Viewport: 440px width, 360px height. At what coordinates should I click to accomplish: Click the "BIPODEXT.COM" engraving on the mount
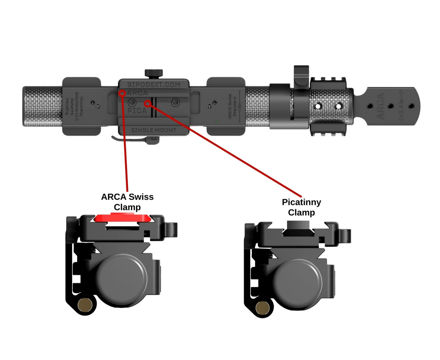154,85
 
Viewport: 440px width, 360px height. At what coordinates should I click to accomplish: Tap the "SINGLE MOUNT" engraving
154,130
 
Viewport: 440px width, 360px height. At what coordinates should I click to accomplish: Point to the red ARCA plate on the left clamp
123,218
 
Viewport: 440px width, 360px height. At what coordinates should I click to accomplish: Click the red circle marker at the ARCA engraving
122,93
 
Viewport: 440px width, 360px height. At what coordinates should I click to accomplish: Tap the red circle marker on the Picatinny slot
148,103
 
